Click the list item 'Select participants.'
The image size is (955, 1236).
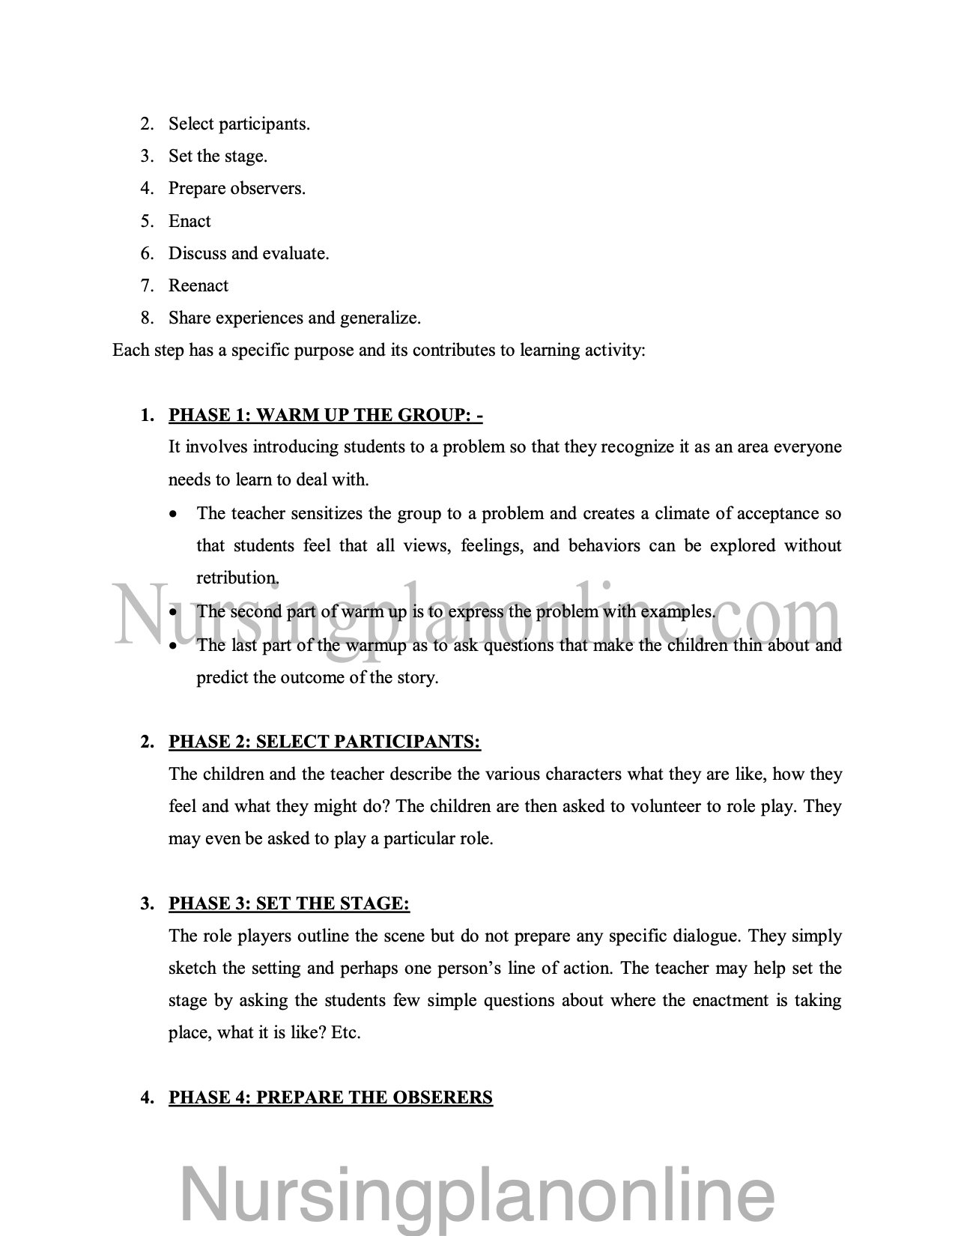click(x=238, y=124)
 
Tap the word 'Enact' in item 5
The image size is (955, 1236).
click(x=190, y=221)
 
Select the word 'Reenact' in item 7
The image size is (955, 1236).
click(x=198, y=285)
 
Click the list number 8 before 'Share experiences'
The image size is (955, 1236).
click(x=147, y=318)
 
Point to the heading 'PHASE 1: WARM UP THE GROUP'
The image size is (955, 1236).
click(x=325, y=415)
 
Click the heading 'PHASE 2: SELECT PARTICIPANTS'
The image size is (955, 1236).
click(x=324, y=742)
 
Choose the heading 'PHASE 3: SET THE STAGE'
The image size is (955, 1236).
click(x=289, y=903)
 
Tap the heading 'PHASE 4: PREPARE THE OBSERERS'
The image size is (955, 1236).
click(x=330, y=1097)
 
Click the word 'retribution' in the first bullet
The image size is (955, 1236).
click(x=237, y=578)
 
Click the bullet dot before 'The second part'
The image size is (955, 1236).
click(x=174, y=612)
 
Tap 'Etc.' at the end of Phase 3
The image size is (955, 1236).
click(x=346, y=1032)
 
